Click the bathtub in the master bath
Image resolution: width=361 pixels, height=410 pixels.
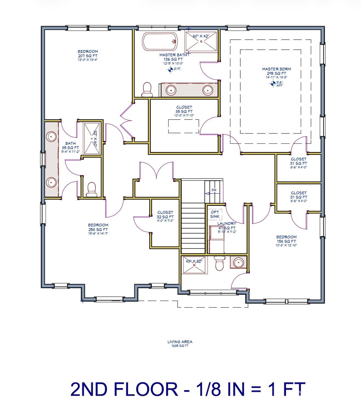[160, 42]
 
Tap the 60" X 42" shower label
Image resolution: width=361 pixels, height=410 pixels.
[201, 36]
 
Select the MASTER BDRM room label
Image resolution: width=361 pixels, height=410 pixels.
[276, 71]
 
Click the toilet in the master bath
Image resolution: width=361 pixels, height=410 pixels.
[147, 89]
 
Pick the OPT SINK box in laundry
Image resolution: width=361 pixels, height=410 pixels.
[215, 214]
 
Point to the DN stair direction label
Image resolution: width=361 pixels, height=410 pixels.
[214, 190]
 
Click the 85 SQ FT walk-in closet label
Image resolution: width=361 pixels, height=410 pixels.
[184, 111]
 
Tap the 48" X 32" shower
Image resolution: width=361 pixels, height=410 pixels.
[194, 264]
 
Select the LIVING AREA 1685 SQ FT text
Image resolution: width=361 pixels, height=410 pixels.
[180, 343]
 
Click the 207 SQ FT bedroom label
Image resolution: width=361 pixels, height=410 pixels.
[88, 56]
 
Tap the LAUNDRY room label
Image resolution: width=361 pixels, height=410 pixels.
[227, 223]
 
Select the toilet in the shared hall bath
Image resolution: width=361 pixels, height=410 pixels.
[91, 189]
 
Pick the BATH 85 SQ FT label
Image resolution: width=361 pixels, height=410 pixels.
[70, 147]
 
